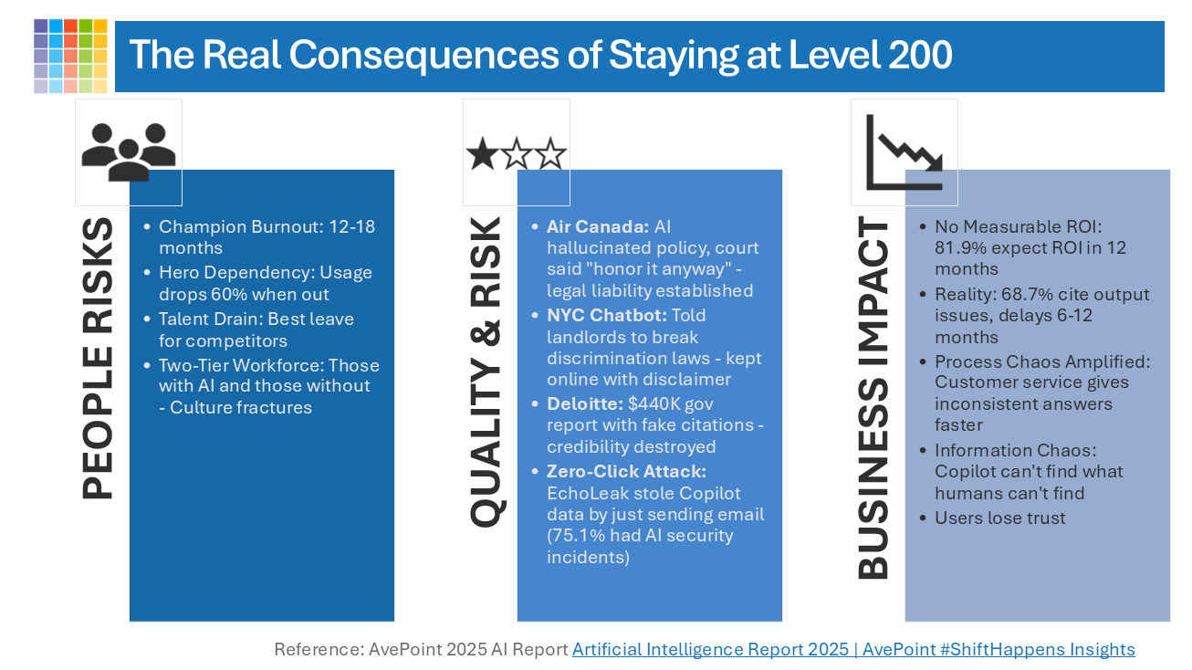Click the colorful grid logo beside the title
[x=70, y=56]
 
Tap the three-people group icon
[x=128, y=151]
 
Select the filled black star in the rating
[x=482, y=154]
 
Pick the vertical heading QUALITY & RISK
[x=486, y=372]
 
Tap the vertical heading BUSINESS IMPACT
[x=873, y=398]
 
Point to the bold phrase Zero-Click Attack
[x=626, y=471]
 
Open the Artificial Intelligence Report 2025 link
[x=853, y=650]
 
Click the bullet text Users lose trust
[x=999, y=518]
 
